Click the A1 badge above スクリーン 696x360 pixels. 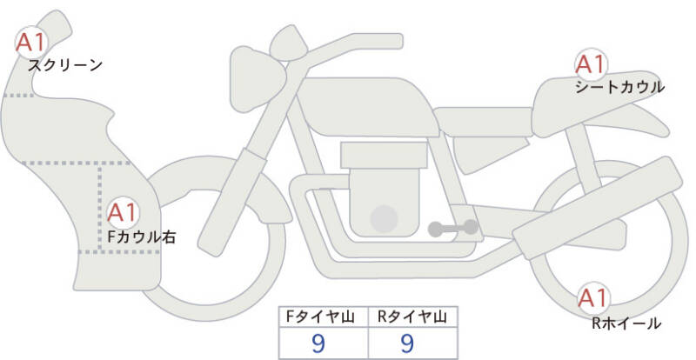click(31, 43)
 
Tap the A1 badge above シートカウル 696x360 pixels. click(591, 64)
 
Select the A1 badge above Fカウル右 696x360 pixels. click(123, 213)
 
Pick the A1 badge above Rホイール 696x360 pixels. click(593, 298)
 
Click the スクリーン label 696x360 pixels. click(65, 66)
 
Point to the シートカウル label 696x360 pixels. click(619, 87)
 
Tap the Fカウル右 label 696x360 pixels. click(142, 237)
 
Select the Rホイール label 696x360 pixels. click(626, 323)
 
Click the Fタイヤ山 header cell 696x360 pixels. click(324, 317)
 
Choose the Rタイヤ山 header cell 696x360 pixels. click(412, 317)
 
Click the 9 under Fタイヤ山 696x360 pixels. click(318, 343)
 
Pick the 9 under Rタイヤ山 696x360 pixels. click(407, 343)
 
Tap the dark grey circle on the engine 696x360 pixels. click(384, 218)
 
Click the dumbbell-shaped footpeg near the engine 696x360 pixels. click(453, 228)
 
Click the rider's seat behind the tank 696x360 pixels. click(483, 122)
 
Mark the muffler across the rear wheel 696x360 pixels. click(598, 208)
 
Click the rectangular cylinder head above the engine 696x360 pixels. click(384, 155)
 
